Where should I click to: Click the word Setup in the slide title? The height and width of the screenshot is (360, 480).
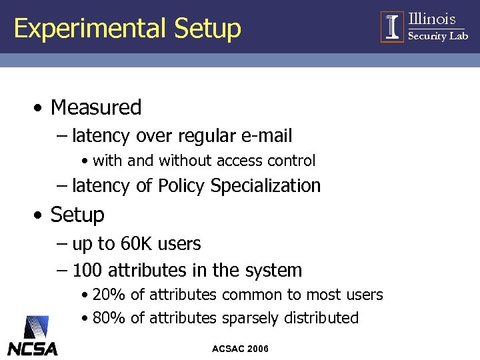tap(207, 29)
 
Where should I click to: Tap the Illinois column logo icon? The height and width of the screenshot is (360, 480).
tap(393, 27)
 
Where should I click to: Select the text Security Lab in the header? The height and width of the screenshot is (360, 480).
tap(438, 37)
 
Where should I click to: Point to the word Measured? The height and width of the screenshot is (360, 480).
tap(96, 107)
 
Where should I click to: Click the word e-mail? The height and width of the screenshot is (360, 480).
tap(267, 136)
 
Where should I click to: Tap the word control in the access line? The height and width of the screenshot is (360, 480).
tap(291, 161)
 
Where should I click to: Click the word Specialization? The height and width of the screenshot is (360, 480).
tap(265, 185)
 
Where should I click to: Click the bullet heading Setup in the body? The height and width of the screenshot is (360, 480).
tap(77, 215)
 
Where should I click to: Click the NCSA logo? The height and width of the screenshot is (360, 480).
tap(33, 336)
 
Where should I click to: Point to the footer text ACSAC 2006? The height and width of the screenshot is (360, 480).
tap(240, 349)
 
